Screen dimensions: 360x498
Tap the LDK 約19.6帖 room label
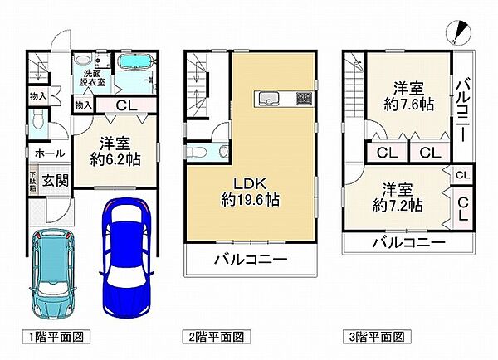(x=249, y=190)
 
